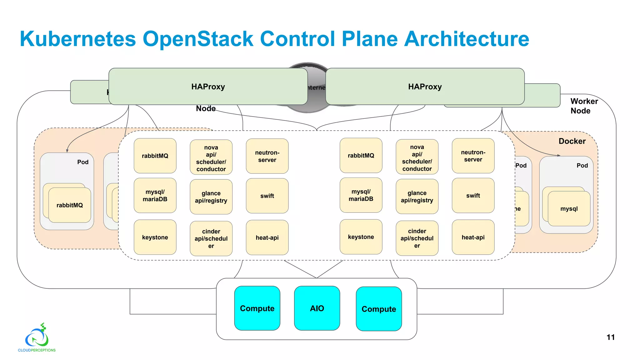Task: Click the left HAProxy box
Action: pos(208,87)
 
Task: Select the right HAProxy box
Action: pos(425,87)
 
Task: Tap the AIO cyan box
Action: pos(317,308)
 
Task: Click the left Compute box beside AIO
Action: pos(257,308)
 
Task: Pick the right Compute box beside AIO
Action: pos(379,309)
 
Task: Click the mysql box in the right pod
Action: pos(569,208)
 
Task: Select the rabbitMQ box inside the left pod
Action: pos(70,205)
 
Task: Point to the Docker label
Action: pos(572,141)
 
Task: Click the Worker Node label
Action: pos(583,106)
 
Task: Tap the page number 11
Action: pos(610,337)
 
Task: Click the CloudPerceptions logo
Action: pos(37,338)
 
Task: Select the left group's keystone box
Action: pos(155,237)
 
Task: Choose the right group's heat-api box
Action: pos(473,237)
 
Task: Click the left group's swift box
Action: pos(267,196)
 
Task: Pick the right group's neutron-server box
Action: pos(473,156)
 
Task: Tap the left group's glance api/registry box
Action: pos(211,197)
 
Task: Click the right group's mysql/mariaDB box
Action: pos(361,195)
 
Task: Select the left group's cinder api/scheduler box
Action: pos(211,238)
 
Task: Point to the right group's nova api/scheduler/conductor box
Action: pos(417,157)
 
